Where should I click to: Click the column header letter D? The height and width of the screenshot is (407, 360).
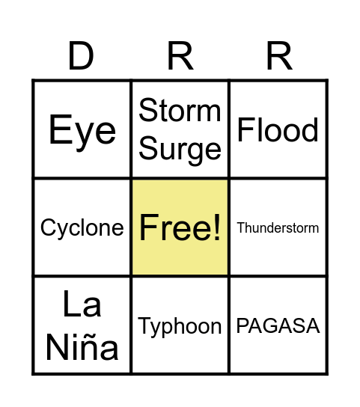[x=81, y=56]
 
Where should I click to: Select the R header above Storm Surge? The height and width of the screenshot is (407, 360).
[x=180, y=56]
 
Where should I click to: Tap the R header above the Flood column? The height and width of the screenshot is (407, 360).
[x=278, y=56]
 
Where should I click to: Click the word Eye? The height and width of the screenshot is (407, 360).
[x=82, y=131]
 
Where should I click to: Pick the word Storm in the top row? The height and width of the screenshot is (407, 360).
[x=180, y=111]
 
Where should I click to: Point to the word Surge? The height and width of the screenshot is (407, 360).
[x=180, y=149]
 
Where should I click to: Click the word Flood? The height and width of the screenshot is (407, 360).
[x=278, y=130]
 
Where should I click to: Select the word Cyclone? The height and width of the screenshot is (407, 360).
[x=82, y=227]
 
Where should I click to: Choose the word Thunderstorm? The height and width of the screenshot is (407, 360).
[x=278, y=227]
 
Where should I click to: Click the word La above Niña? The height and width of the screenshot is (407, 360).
[x=82, y=305]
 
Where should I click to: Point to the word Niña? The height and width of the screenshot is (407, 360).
[x=82, y=347]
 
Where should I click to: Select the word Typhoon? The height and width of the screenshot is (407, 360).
[x=180, y=326]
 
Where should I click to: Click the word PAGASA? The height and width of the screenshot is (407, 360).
[x=278, y=326]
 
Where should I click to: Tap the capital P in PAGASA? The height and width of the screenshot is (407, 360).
[x=242, y=326]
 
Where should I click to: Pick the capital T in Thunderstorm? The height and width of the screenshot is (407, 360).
[x=240, y=227]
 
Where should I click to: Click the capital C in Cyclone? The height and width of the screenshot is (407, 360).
[x=46, y=227]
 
